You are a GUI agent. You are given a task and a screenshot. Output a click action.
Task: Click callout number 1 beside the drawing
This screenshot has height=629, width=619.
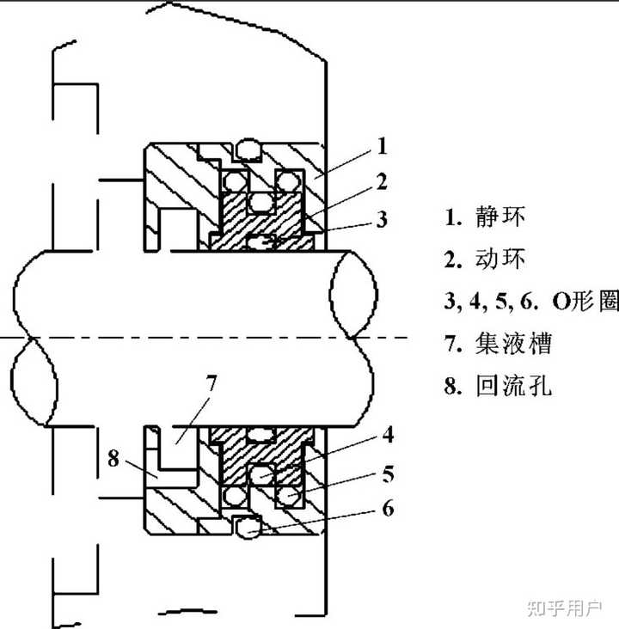click(381, 146)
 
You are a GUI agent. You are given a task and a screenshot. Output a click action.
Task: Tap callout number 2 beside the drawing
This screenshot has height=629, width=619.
click(382, 181)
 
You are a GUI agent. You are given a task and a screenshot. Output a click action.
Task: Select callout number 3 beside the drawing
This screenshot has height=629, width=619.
click(381, 218)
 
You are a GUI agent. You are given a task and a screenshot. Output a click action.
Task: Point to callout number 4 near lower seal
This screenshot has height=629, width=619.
click(388, 435)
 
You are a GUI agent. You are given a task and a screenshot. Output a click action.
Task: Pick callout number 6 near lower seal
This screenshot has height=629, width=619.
click(388, 509)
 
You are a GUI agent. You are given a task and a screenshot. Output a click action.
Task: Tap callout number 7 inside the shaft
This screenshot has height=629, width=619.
click(211, 382)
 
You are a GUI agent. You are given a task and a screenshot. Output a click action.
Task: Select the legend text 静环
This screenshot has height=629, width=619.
click(499, 217)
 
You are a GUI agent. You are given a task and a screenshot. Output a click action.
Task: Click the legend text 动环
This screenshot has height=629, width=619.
click(499, 259)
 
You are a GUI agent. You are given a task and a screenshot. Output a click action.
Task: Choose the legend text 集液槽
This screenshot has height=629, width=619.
click(512, 344)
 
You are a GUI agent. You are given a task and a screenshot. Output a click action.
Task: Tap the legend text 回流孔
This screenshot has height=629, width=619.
click(512, 386)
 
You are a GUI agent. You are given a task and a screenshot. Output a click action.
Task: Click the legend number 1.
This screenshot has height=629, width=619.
click(450, 217)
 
